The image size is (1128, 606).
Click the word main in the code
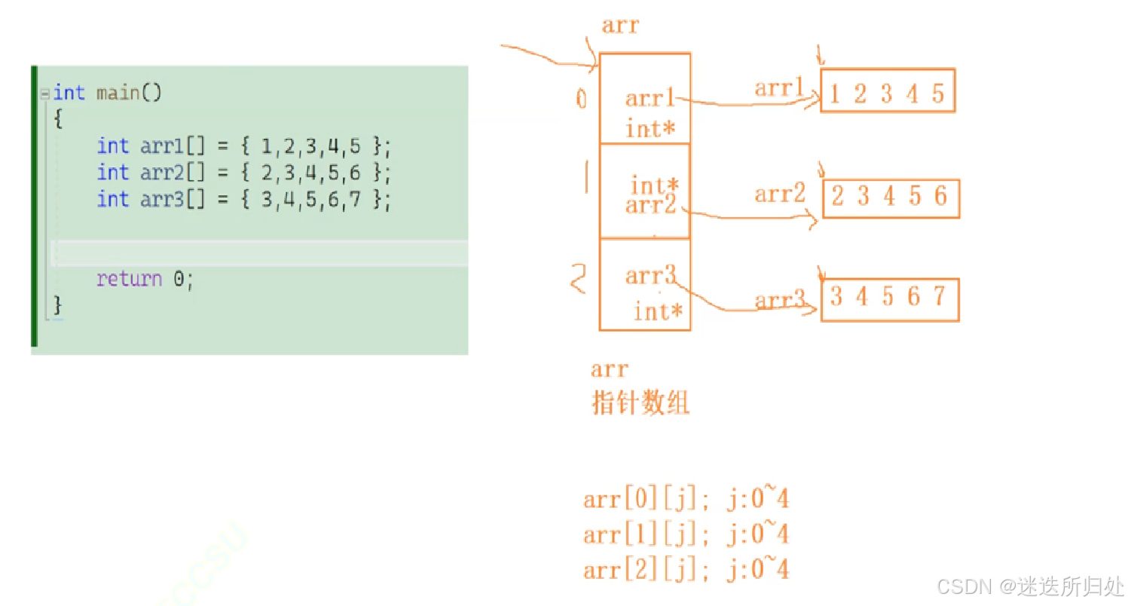(118, 93)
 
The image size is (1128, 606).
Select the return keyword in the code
(129, 279)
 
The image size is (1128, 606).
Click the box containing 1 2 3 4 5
(887, 91)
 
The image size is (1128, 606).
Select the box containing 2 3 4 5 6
(890, 197)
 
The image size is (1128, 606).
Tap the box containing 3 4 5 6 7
(889, 299)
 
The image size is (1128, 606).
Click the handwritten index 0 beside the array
(581, 99)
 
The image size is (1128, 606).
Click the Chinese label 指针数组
(640, 404)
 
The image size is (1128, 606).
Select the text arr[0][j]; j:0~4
(686, 499)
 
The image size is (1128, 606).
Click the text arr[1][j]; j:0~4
(686, 534)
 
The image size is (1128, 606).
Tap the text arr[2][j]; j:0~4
(686, 570)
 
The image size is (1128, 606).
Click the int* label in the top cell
(650, 129)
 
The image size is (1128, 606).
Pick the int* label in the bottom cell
(659, 311)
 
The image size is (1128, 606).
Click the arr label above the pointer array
(620, 26)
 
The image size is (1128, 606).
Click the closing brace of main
(58, 305)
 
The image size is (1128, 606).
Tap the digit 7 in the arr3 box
(938, 297)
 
